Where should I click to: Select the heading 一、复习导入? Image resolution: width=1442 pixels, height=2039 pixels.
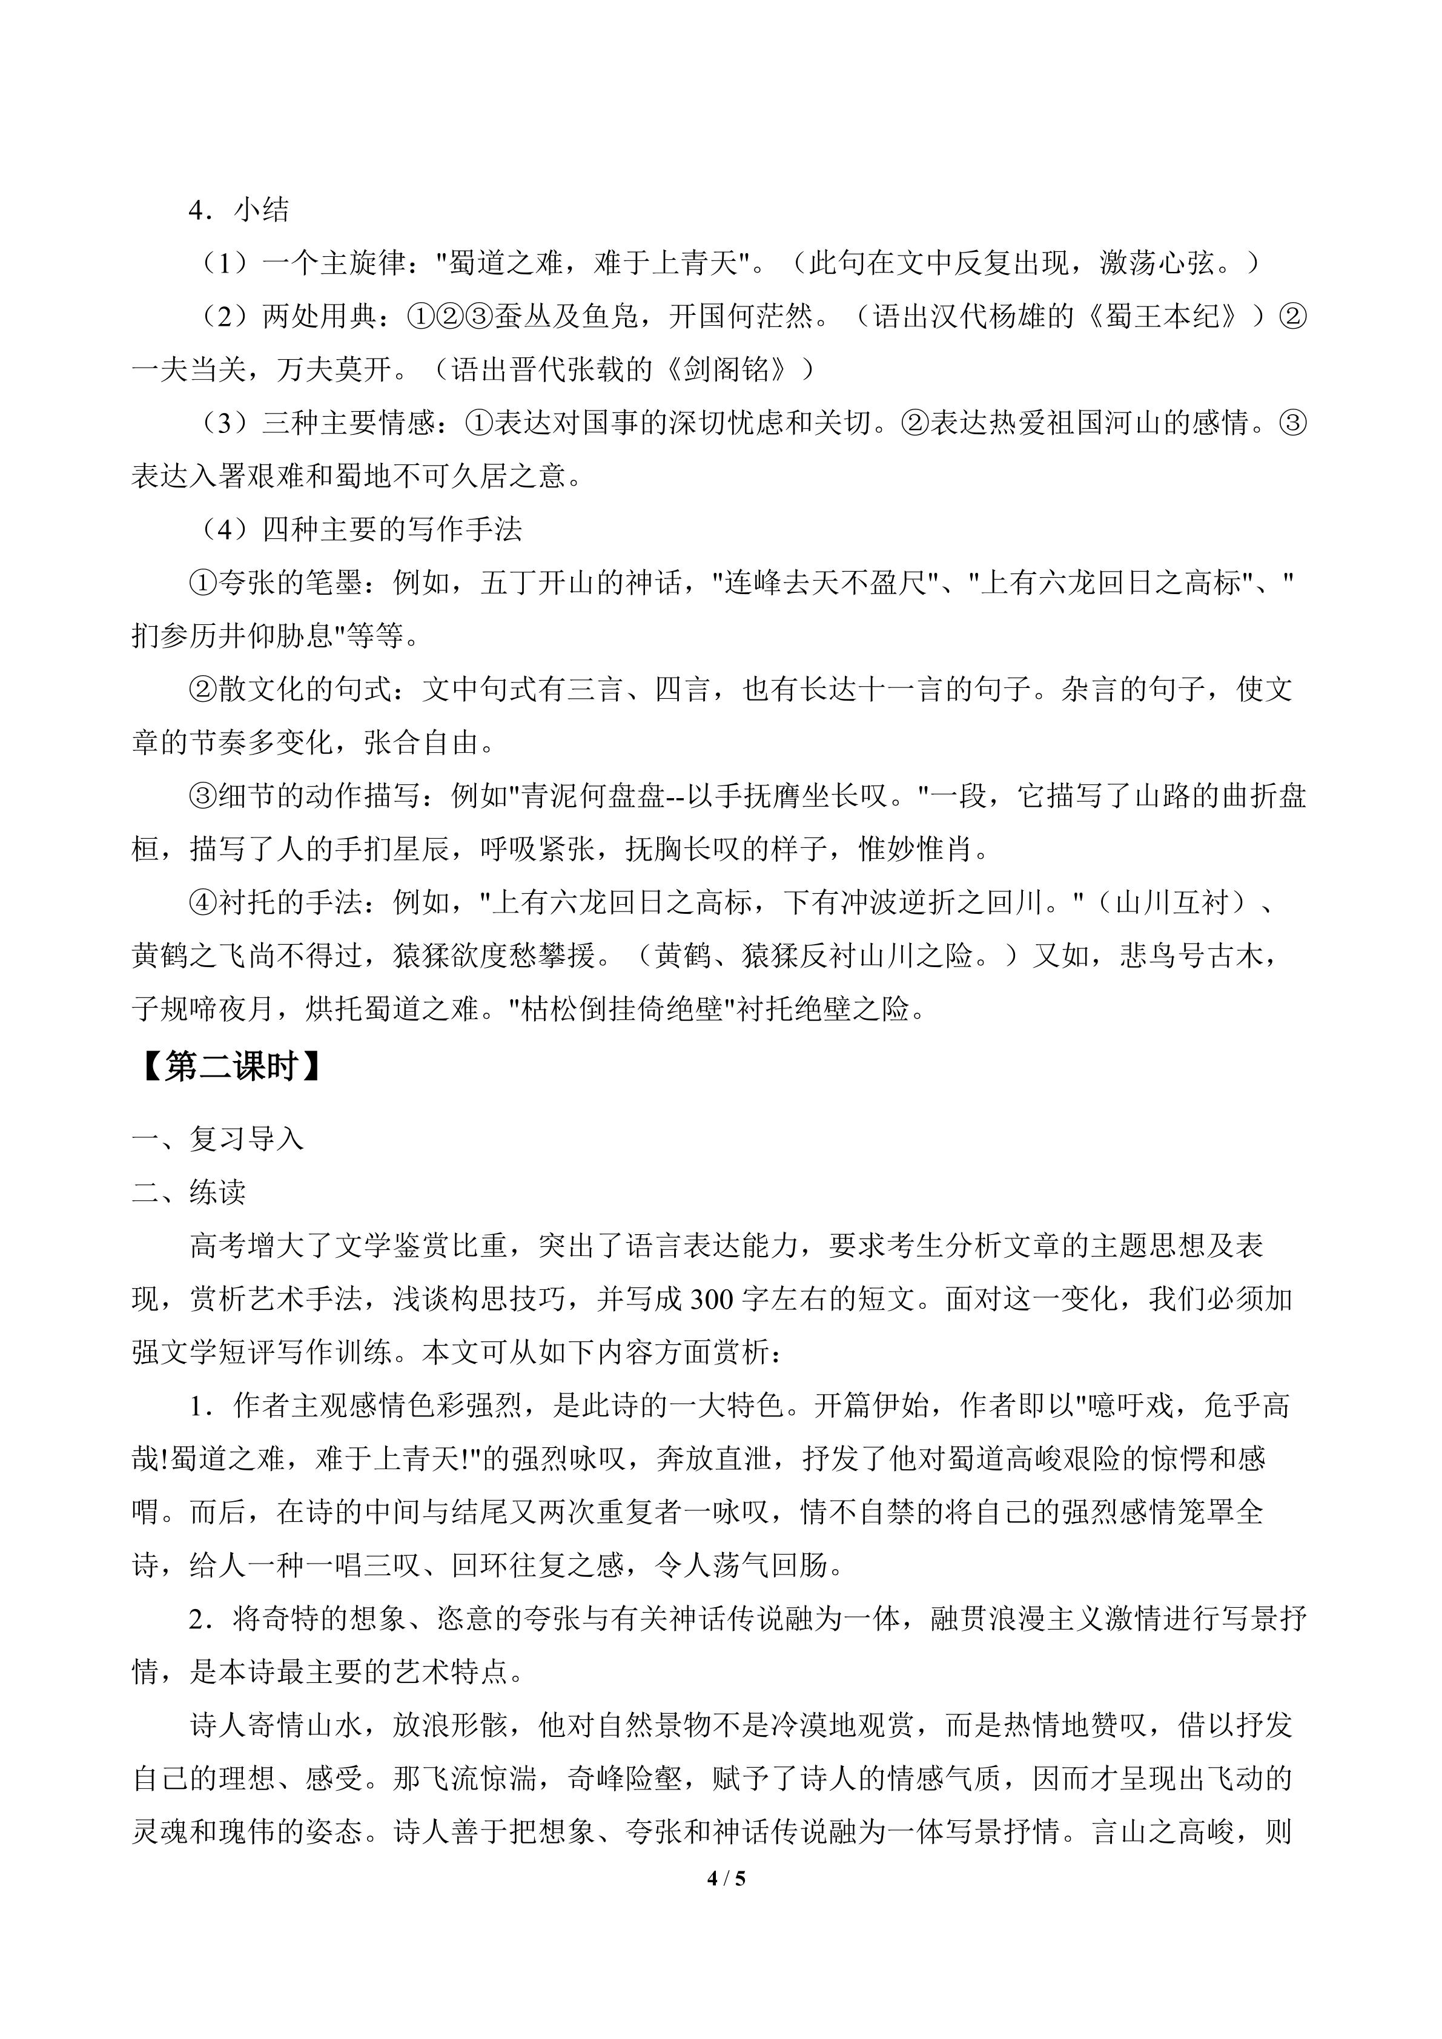click(217, 1138)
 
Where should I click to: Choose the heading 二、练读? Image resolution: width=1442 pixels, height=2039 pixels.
click(188, 1192)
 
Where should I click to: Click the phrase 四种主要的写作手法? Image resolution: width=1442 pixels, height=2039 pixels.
click(392, 529)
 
